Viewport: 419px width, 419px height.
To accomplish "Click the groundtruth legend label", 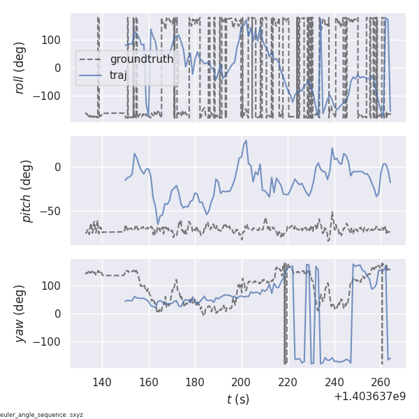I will click(141, 59).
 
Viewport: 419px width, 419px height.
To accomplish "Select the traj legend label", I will click(118, 75).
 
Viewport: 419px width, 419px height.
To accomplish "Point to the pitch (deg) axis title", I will click(27, 191).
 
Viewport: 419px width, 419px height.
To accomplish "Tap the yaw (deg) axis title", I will click(21, 314).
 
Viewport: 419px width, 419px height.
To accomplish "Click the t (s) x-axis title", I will click(237, 399).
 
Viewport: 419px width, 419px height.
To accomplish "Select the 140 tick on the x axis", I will click(102, 381).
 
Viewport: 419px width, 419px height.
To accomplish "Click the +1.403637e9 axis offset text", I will click(369, 396).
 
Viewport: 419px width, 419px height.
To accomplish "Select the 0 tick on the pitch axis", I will click(60, 167).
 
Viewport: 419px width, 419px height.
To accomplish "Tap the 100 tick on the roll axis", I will click(54, 40).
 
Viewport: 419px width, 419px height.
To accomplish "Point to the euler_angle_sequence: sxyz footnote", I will click(42, 414).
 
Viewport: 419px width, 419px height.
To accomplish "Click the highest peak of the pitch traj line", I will click(246, 141).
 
